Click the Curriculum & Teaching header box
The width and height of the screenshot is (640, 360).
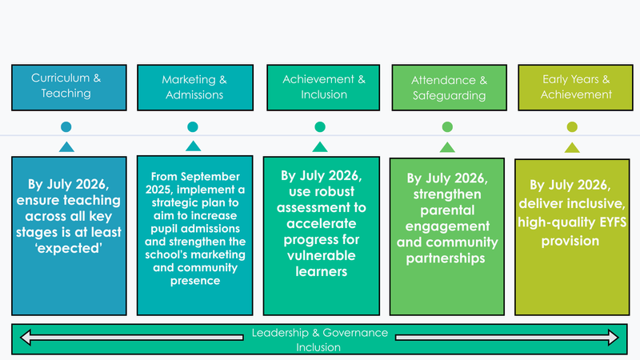point(66,86)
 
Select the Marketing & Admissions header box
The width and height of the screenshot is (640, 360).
point(194,86)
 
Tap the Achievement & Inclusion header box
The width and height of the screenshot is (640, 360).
point(320,86)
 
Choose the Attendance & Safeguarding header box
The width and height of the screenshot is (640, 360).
point(448,86)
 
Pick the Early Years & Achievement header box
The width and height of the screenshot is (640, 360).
point(576,86)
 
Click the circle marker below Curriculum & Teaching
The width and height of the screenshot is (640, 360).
point(66,126)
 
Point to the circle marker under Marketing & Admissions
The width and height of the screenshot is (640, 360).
point(193,126)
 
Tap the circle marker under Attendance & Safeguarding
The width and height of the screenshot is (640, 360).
point(447,126)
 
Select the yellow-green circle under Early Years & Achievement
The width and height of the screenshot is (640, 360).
point(572,126)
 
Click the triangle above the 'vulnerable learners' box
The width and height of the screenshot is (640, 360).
point(320,146)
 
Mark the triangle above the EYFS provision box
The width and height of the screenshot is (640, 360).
point(572,147)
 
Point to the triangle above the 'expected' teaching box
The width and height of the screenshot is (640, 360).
point(66,146)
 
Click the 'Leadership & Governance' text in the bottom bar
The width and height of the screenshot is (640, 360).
point(319,333)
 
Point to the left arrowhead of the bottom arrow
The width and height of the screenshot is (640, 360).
point(26,338)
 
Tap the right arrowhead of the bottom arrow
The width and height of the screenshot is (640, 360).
point(614,338)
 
